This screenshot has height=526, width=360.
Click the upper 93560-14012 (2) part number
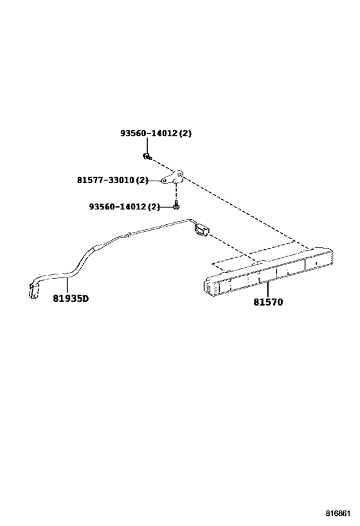(156, 133)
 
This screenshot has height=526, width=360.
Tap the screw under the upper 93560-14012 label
(147, 156)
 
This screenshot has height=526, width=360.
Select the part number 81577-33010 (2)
(113, 180)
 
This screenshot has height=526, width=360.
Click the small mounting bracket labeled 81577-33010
(172, 177)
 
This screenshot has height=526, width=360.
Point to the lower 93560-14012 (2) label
(124, 207)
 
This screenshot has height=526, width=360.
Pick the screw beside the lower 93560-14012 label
(175, 206)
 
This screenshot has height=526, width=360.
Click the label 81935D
(71, 298)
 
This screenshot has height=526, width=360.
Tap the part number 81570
(268, 302)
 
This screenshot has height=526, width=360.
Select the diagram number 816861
(338, 513)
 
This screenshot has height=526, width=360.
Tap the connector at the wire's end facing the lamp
(201, 231)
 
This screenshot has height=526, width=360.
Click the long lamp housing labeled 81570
(269, 271)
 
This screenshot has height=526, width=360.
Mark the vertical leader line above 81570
(267, 290)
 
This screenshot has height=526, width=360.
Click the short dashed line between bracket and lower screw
(175, 193)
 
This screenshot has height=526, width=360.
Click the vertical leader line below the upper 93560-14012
(147, 145)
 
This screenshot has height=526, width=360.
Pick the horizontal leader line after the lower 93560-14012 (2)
(166, 207)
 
